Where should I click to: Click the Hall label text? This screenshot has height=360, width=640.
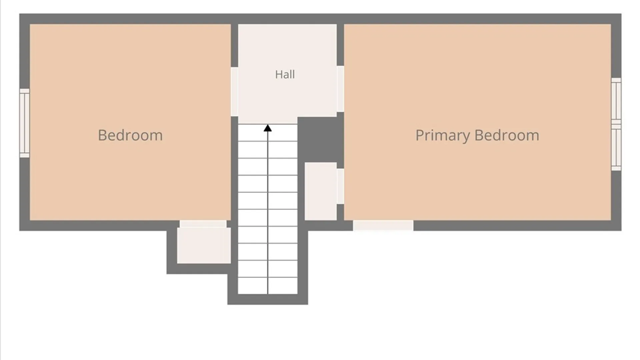click(285, 74)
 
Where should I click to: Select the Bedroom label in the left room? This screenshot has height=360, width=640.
click(130, 135)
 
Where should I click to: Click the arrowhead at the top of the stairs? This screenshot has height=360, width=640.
click(268, 128)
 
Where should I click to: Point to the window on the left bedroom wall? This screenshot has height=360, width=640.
click(25, 123)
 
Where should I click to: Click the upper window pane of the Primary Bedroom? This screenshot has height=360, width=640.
click(616, 101)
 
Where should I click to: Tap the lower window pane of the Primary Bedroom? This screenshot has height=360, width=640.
click(616, 148)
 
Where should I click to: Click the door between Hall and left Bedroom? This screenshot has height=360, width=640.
click(234, 92)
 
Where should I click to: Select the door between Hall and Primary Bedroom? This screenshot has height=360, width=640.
click(340, 89)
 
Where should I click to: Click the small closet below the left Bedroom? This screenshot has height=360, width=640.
click(204, 245)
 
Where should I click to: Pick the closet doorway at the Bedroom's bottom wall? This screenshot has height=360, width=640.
click(203, 224)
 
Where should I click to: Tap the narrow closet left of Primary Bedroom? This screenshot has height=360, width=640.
click(321, 191)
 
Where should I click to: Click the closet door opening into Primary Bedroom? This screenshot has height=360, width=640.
click(340, 186)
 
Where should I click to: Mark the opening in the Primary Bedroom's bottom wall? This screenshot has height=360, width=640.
click(383, 225)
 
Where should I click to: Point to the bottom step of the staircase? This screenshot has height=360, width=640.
click(268, 286)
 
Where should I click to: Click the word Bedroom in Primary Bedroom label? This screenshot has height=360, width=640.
click(507, 135)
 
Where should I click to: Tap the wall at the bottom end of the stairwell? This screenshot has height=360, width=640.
click(268, 299)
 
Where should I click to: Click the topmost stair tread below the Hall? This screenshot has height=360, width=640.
click(268, 133)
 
